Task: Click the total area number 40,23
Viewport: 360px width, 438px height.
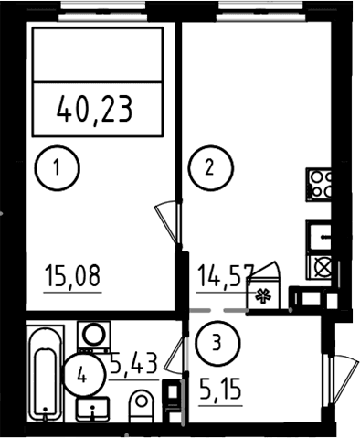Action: (x=95, y=109)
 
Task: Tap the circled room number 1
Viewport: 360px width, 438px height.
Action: (x=57, y=168)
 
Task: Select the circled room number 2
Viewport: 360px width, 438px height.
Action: (x=211, y=168)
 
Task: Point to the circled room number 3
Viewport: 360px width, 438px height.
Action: (x=217, y=344)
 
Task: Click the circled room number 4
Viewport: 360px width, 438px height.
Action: (x=82, y=375)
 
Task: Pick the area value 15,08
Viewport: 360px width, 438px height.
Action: (x=72, y=276)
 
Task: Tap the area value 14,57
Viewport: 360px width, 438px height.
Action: (x=226, y=276)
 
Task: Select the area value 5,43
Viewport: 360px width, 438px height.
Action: (x=133, y=363)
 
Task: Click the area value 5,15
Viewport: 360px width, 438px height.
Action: (x=220, y=390)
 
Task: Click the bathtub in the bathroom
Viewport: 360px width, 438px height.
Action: (x=46, y=374)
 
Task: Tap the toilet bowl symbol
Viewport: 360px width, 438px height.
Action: (x=142, y=406)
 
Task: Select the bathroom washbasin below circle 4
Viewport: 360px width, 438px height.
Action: (x=92, y=409)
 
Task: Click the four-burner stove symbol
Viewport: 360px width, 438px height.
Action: (x=319, y=185)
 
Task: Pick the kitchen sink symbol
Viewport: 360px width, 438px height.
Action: (x=319, y=236)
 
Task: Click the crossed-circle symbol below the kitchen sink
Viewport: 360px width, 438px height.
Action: (x=323, y=267)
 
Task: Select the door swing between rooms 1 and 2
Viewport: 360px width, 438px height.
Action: (x=167, y=222)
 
